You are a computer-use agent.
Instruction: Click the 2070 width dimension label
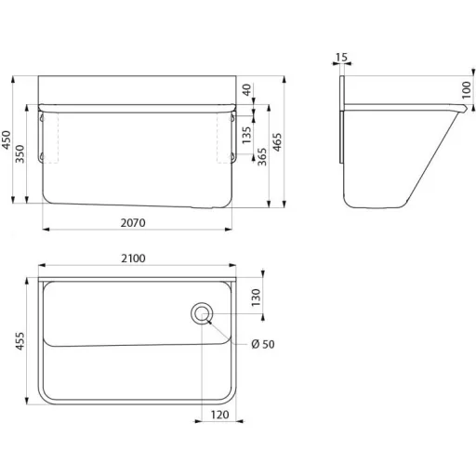click(133, 223)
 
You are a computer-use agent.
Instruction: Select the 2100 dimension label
click(133, 258)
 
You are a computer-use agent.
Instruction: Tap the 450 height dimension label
click(7, 139)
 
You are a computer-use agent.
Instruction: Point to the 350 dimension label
click(20, 153)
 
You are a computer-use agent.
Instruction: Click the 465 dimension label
click(277, 142)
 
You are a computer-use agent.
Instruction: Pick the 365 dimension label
click(262, 157)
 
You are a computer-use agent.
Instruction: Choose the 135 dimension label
click(246, 135)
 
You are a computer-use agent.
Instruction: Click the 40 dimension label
click(246, 90)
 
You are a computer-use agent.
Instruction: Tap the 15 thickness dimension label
click(341, 58)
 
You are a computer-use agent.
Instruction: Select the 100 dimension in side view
click(467, 90)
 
